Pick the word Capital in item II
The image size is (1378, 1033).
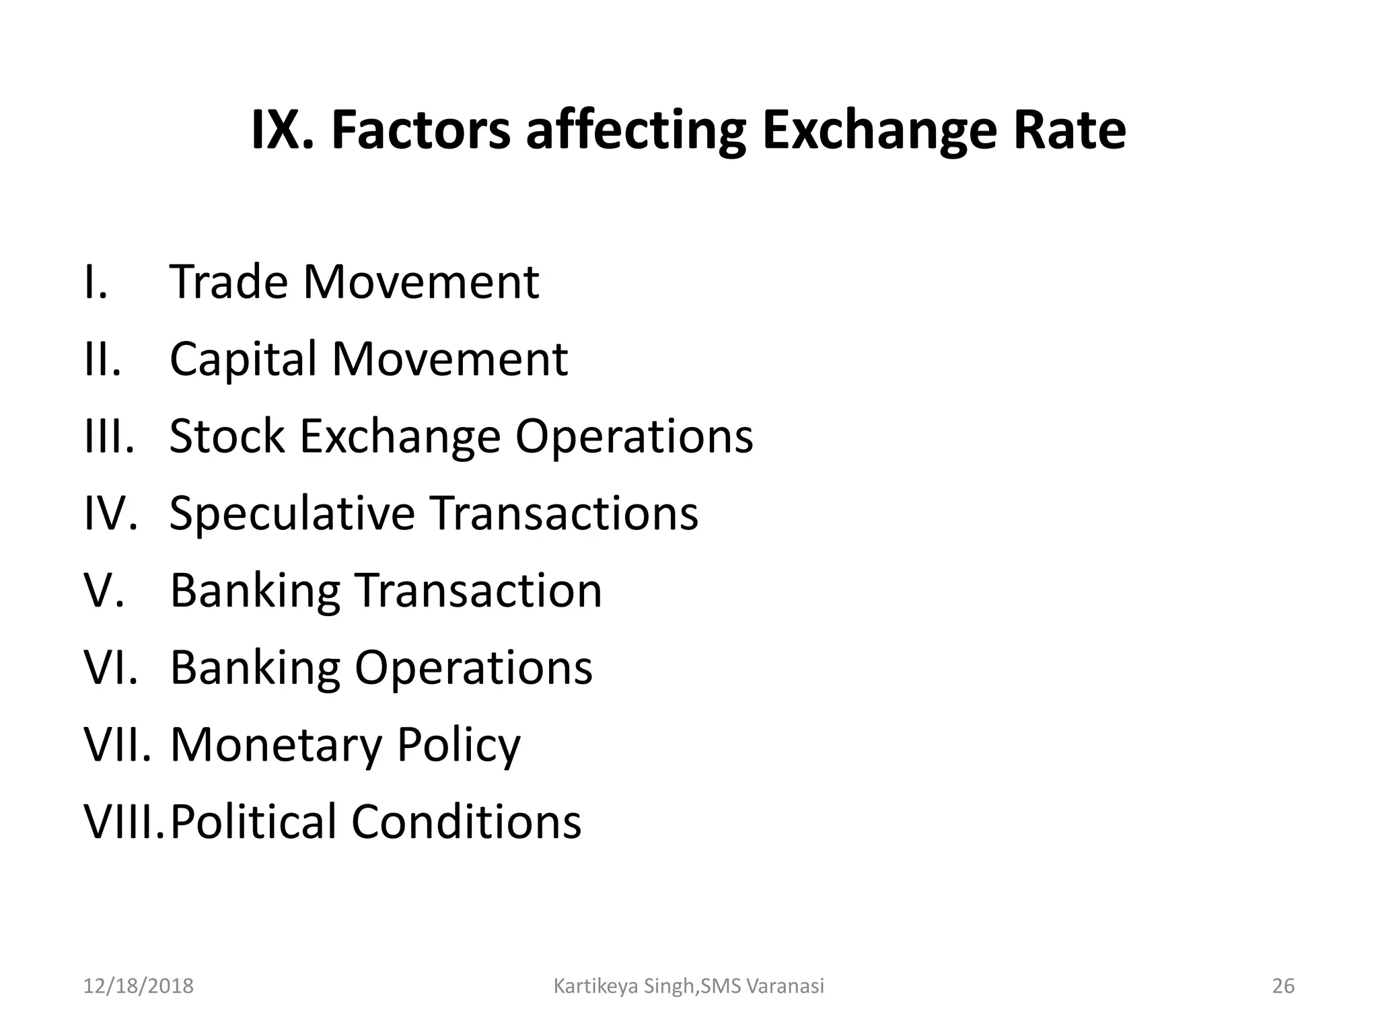point(243,360)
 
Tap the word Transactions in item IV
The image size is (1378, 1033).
point(564,514)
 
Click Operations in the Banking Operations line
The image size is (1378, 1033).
point(473,668)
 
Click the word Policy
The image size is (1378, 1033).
point(458,747)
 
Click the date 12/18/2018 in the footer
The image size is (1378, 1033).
point(138,986)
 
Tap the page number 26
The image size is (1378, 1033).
point(1283,986)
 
